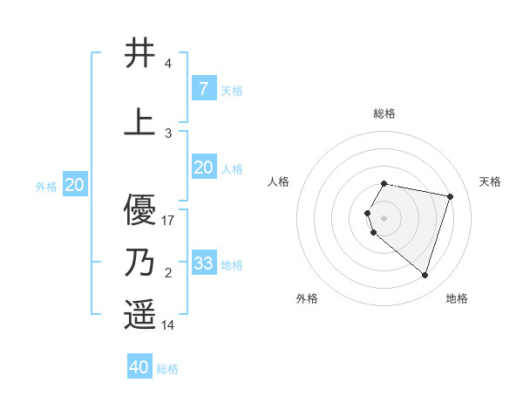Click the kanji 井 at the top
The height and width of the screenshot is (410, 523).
[139, 54]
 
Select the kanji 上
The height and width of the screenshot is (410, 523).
[139, 123]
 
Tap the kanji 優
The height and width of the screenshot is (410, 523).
[139, 210]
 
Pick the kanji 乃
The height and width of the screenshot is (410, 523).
[139, 262]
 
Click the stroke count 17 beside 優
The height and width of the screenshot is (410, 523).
[168, 221]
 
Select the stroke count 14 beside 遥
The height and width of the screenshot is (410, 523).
[168, 325]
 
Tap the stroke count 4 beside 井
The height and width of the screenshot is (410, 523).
[167, 65]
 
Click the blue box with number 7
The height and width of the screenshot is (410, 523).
[203, 88]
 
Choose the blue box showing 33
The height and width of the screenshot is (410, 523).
[203, 263]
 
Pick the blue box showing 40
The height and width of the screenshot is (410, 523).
[139, 367]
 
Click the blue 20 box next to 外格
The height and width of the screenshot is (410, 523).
[74, 185]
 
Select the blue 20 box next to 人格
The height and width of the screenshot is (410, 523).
[203, 167]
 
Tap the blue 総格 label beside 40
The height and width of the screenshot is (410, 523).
[167, 369]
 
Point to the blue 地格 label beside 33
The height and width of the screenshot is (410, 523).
[232, 265]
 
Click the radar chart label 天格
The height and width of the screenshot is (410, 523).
[490, 181]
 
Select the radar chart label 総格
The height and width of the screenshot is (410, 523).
[384, 113]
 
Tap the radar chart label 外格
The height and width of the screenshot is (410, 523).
[307, 298]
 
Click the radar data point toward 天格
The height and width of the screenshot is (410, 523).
[450, 196]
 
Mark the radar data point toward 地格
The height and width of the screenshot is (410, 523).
[425, 276]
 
